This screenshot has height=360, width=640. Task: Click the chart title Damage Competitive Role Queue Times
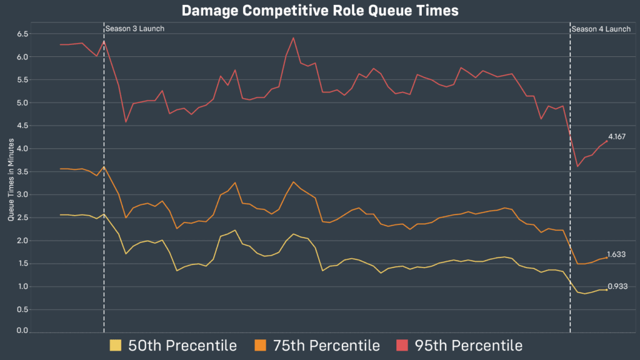tap(319, 11)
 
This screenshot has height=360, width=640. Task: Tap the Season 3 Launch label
tap(134, 29)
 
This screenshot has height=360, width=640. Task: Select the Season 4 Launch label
tap(601, 29)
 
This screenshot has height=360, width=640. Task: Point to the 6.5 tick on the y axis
tap(22, 34)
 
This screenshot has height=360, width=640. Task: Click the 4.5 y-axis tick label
tap(22, 126)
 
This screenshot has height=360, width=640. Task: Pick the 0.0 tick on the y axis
tap(22, 330)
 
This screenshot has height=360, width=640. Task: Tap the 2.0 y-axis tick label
tap(22, 241)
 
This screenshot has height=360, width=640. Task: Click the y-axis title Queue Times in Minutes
tap(11, 182)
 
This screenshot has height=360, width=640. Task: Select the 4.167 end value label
tap(617, 136)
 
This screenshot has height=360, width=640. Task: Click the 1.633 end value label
tap(617, 254)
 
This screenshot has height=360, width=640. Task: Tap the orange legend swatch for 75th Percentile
tap(260, 345)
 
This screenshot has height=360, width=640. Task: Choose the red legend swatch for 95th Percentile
tap(402, 345)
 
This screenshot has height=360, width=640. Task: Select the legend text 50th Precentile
tap(182, 345)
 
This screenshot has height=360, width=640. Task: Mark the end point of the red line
tap(606, 141)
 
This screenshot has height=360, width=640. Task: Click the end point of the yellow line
tap(606, 289)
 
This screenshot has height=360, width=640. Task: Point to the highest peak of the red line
tap(293, 37)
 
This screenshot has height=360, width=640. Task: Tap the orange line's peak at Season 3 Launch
tap(104, 166)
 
